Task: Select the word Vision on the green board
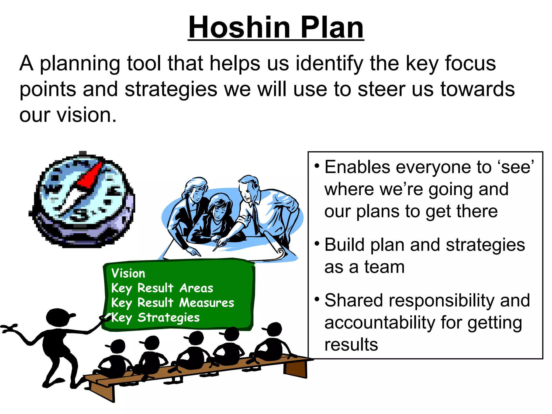[x=128, y=273]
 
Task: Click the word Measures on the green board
[x=207, y=303]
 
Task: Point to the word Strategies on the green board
[x=169, y=318]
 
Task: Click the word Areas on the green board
[x=196, y=288]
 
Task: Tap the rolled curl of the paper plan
[x=280, y=253]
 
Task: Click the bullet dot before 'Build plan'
[x=317, y=243]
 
